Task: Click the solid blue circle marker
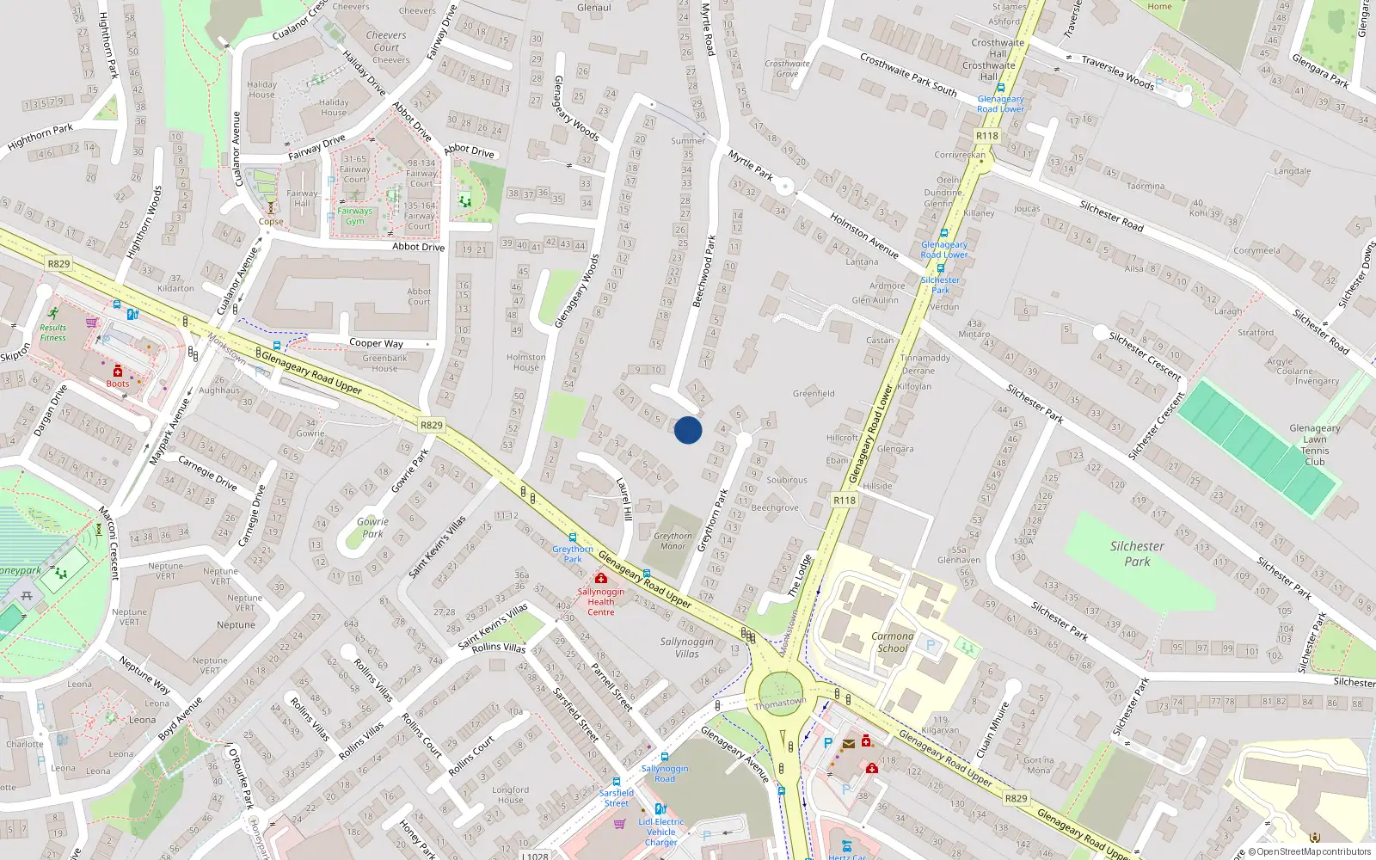tap(688, 430)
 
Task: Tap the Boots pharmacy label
tap(118, 384)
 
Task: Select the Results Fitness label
tap(52, 333)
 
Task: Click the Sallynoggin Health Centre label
tap(601, 601)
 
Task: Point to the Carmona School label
tap(893, 642)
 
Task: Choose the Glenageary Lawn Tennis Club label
tap(1314, 445)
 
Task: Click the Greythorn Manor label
tap(673, 541)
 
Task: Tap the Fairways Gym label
tap(355, 216)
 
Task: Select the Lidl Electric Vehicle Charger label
tap(661, 832)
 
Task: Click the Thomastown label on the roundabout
tap(780, 703)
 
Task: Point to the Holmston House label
tap(526, 362)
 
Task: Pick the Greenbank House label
tap(384, 363)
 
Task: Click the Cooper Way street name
tap(376, 343)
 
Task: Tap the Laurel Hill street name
tap(625, 499)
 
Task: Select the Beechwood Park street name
tap(704, 271)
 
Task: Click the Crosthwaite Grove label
tap(787, 68)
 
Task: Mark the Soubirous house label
tap(787, 480)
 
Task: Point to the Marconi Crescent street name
tap(108, 542)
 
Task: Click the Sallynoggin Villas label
tap(686, 648)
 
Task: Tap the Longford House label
tap(510, 795)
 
